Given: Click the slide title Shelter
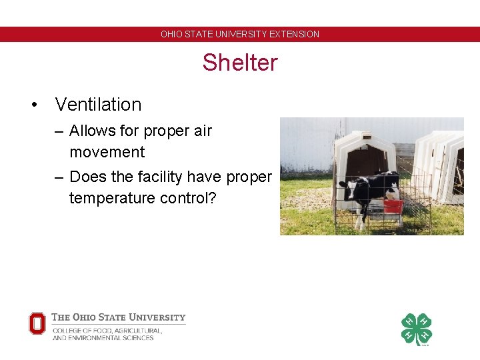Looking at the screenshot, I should [240, 63].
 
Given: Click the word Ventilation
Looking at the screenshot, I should [98, 105].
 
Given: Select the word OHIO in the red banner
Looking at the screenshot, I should [171, 34].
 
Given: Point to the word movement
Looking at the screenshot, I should [107, 152].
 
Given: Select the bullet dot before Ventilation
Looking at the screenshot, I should [32, 105].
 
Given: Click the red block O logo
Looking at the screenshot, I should [37, 323].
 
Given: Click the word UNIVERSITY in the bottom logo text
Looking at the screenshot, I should [157, 317].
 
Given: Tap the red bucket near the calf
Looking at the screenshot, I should [393, 206].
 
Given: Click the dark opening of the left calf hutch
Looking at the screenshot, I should [367, 163].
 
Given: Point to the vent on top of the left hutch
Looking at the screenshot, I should [365, 130].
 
